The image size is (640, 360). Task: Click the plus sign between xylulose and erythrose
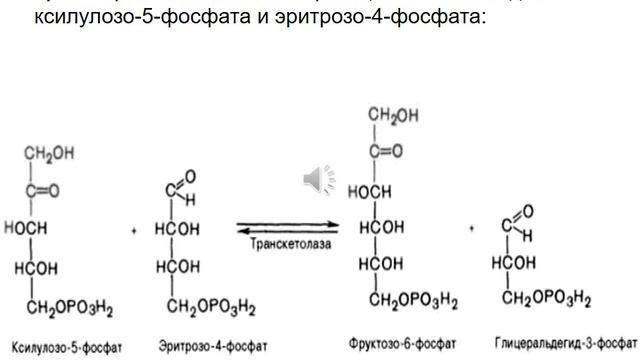pyautogui.click(x=134, y=230)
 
